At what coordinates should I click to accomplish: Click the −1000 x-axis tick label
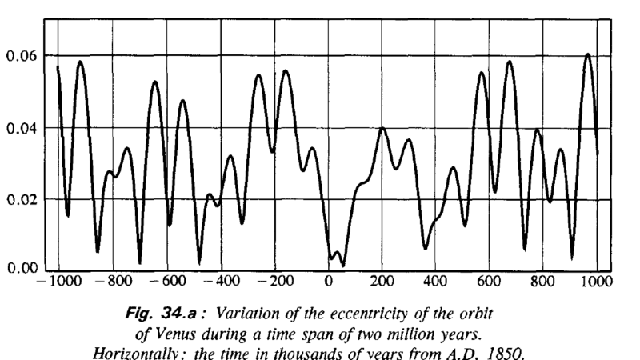pos(57,282)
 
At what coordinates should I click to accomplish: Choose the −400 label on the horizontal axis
pos(220,282)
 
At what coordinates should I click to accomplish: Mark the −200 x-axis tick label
pos(274,282)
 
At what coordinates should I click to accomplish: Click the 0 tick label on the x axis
pos(328,282)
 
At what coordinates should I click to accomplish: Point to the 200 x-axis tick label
pos(382,282)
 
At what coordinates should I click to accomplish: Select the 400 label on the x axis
pos(435,282)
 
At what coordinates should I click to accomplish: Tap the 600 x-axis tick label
pos(489,282)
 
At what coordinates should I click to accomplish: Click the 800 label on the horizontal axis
pos(542,282)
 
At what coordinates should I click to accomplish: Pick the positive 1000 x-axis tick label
pos(597,282)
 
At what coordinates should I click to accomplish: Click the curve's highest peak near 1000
pos(588,54)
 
